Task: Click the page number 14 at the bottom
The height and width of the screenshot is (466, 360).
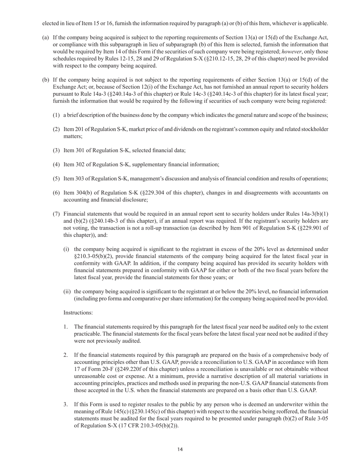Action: (x=180, y=449)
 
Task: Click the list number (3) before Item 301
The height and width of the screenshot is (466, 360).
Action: (x=56, y=150)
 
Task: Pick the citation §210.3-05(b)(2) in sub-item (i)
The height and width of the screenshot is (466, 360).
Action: (x=93, y=256)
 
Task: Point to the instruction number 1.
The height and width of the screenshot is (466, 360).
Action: (x=66, y=327)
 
